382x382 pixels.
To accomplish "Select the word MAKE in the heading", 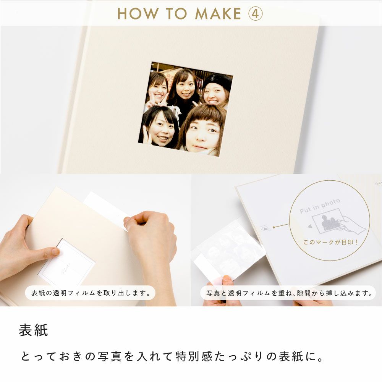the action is tap(218, 14).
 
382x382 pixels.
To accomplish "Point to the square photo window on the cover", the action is tap(186, 109).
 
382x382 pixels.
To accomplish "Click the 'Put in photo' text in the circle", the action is tap(319, 206).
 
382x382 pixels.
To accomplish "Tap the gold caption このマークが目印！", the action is tap(330, 242).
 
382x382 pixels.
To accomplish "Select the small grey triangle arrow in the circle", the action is tap(310, 226).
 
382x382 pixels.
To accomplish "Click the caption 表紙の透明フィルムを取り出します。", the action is tap(90, 293).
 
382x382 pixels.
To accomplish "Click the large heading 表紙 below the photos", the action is tap(33, 330).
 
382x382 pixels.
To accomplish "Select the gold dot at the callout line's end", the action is tap(274, 227).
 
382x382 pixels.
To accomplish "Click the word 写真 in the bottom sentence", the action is tap(110, 356).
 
